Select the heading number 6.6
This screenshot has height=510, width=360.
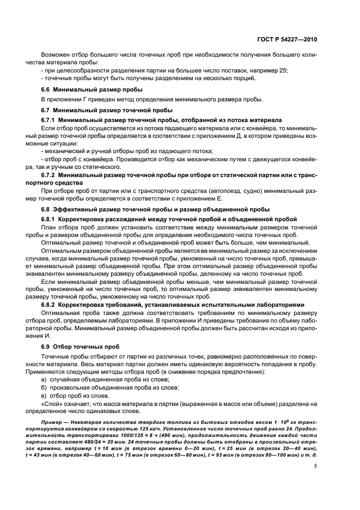point(46,89)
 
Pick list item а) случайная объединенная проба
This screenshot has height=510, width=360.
point(105,379)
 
